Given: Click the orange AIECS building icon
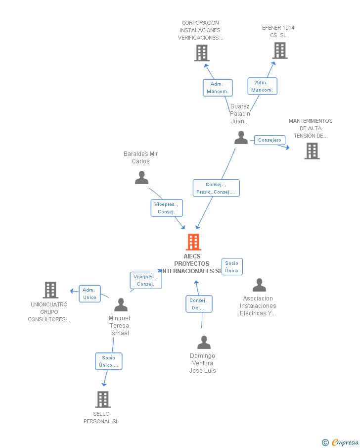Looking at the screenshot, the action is click(x=193, y=242).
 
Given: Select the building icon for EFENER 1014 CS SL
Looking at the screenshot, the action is click(x=280, y=50).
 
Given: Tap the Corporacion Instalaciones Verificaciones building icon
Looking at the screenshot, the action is click(x=202, y=53).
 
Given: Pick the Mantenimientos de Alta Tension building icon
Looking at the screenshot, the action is click(x=312, y=151).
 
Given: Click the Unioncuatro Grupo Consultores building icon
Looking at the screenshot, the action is click(x=50, y=290).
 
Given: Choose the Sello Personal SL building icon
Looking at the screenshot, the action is click(x=103, y=399).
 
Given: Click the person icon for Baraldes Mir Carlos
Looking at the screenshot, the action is click(x=141, y=177).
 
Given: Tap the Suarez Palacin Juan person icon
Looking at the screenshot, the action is click(x=241, y=138).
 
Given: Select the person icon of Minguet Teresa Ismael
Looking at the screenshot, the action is click(x=121, y=304).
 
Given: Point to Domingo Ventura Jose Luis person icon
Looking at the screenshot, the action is click(x=204, y=342).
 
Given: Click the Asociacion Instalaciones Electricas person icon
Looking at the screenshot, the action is click(x=259, y=285).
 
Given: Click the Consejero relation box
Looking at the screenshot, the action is click(x=270, y=140).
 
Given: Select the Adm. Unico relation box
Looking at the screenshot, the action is click(x=90, y=294).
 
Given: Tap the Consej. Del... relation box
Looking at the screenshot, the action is click(x=199, y=304).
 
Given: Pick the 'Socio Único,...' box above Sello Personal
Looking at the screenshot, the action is click(x=109, y=361).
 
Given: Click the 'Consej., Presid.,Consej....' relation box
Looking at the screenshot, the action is click(x=216, y=188).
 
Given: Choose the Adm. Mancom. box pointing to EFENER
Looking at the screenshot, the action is click(x=263, y=86).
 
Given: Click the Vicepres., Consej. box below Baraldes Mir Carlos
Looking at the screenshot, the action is click(x=167, y=208).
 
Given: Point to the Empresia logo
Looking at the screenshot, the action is click(x=340, y=442).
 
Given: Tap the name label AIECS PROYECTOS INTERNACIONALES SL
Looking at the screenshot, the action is click(x=192, y=264).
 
